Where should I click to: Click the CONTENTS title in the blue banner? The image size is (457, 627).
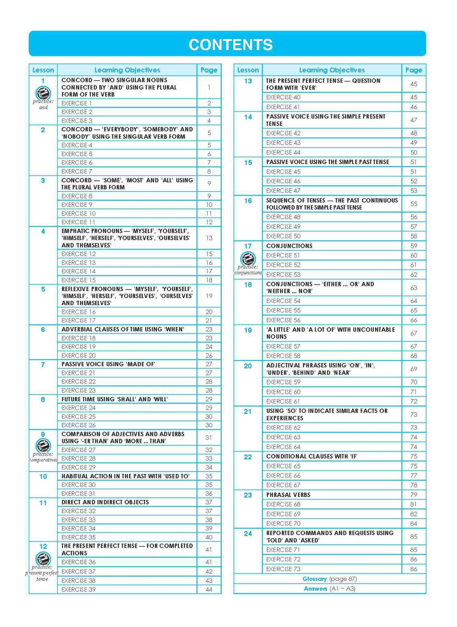point(231,45)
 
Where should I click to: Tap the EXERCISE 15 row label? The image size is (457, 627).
point(78,280)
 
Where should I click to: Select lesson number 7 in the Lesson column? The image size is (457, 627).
point(43,365)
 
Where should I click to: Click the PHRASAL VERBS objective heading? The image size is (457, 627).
point(288,495)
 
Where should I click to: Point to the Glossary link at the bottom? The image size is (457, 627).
point(314,579)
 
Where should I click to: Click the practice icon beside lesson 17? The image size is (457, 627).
point(248,259)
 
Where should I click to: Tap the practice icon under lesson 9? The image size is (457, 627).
point(43,446)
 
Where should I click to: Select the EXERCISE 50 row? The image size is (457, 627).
point(283,236)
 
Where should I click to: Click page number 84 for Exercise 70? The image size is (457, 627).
point(413,523)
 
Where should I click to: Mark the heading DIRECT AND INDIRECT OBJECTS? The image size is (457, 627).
point(105,502)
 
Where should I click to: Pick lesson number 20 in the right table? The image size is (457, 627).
point(248,366)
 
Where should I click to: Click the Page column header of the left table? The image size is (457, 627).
point(209,70)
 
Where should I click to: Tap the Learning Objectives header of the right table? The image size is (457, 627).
point(332,70)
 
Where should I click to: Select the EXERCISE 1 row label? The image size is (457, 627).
point(77,103)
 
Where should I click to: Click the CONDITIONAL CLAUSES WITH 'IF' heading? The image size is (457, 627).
point(312,456)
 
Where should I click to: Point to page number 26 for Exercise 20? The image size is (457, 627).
point(209,356)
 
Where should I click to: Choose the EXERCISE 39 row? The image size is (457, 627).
point(78,589)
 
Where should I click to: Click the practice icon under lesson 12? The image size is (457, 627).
point(43,558)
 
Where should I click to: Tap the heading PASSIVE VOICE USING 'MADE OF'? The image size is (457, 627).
point(108,364)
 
